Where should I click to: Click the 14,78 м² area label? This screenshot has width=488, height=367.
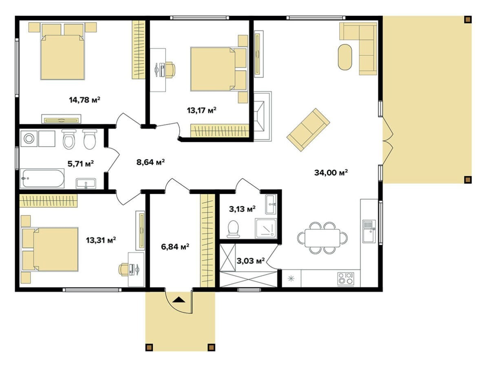pos(84,100)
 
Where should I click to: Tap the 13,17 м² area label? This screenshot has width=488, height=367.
pos(202,110)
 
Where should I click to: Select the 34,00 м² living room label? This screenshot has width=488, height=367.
pos(331,172)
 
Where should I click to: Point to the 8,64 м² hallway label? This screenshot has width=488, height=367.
pos(150,162)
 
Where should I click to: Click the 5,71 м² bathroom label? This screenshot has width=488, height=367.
pos(81,164)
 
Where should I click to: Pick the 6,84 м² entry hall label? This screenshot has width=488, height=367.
pos(175,247)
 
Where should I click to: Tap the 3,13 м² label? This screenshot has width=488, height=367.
pos(243,209)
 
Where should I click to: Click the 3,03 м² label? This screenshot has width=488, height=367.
pos(251,261)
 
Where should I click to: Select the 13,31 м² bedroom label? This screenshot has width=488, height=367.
pos(101,240)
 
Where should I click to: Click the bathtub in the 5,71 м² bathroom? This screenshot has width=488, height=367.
pos(42,178)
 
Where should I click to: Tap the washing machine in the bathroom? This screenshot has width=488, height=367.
pos(29,139)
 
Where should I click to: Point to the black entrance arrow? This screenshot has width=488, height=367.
pos(179,300)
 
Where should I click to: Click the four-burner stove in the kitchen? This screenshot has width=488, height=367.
pos(346,279)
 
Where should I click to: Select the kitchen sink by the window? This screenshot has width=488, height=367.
pos(369,231)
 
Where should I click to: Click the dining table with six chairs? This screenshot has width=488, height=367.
pos(322,238)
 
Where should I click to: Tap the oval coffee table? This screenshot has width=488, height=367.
pos(345,57)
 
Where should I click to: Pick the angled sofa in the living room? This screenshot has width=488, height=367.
pos(308,130)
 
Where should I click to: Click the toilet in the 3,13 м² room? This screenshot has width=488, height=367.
pos(233,229)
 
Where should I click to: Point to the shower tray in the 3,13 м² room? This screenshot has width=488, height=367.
pos(266,228)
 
